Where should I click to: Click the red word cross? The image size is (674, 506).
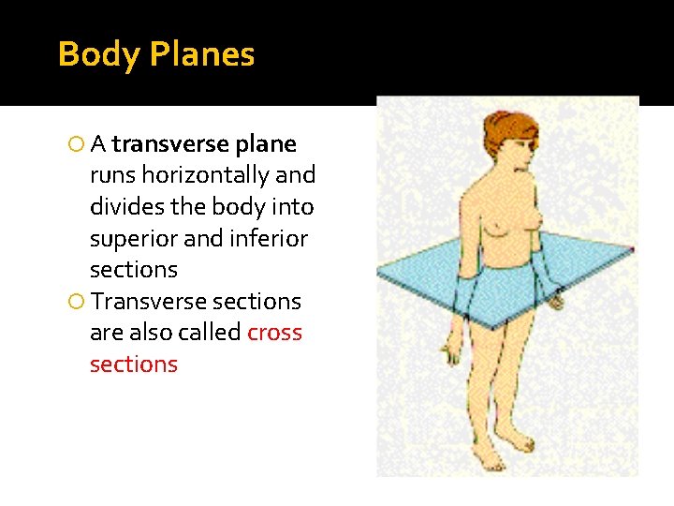click(274, 333)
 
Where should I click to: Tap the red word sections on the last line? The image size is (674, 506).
click(133, 364)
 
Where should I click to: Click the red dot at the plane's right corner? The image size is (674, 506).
click(633, 249)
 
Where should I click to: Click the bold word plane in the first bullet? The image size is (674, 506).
click(267, 144)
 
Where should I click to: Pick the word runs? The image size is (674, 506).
click(111, 175)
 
